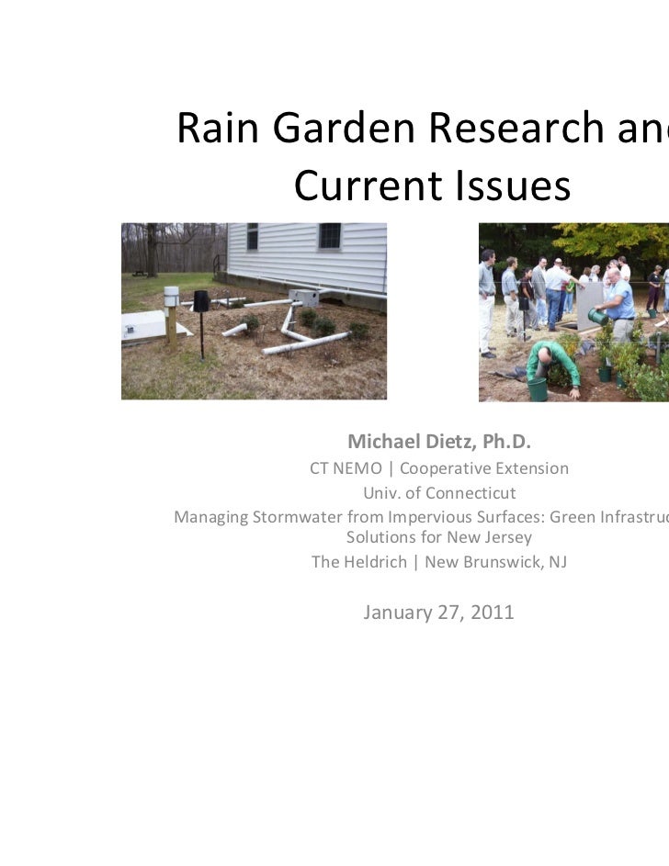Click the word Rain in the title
point(215,130)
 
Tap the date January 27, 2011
point(439,612)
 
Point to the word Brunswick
point(497,561)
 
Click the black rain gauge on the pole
point(201,301)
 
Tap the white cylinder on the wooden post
point(171,297)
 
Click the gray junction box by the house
point(303,298)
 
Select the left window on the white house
point(252,236)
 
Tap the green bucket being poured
point(598,317)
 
